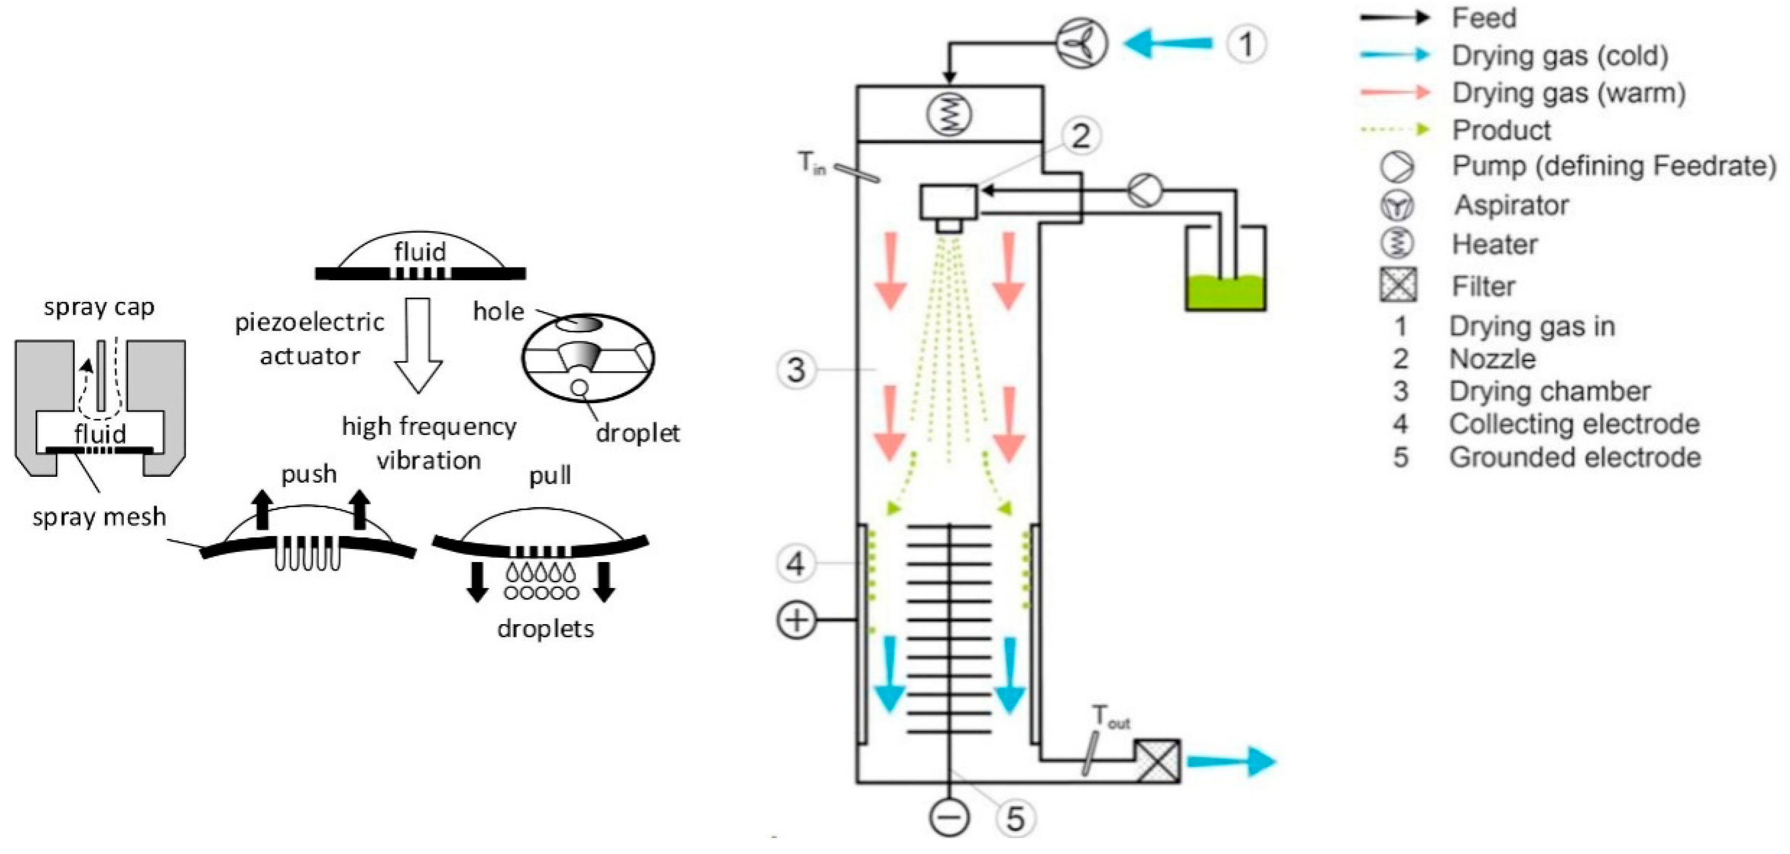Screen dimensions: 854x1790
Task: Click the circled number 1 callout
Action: (1246, 45)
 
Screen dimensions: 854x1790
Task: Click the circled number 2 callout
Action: (1080, 136)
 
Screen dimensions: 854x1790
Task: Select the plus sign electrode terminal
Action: (795, 619)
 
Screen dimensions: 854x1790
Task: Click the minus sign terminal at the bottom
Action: (949, 817)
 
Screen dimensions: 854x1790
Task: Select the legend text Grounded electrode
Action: (1574, 458)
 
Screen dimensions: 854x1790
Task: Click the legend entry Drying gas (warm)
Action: (1567, 93)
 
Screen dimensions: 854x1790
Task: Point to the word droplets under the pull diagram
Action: (545, 629)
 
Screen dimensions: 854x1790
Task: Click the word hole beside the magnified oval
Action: (498, 312)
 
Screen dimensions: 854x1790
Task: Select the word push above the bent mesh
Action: (308, 475)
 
